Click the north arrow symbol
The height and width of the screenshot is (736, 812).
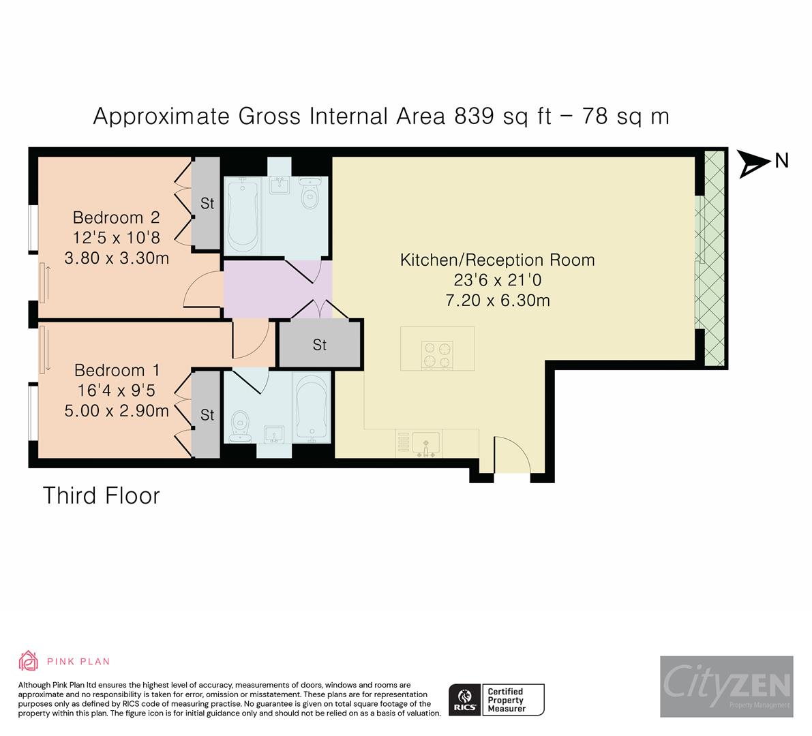[x=754, y=163]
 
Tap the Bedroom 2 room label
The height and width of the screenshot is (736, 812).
[x=116, y=217]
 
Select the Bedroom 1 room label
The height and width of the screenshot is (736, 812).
[x=117, y=370]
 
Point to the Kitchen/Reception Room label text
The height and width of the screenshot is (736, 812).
[x=497, y=260]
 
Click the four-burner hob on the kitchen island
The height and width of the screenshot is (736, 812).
[x=437, y=354]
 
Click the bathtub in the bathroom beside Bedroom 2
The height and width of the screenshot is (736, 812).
[x=241, y=213]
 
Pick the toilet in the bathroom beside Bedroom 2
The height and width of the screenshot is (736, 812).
[x=311, y=194]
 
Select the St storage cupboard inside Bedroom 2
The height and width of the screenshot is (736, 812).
[x=207, y=203]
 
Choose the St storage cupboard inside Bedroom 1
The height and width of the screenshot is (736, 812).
[x=207, y=414]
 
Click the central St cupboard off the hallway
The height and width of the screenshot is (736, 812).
[x=319, y=345]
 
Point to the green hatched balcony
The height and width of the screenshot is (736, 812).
[x=713, y=259]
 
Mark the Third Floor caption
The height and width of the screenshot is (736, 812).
[x=102, y=495]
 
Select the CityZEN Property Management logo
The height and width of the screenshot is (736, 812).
[x=726, y=686]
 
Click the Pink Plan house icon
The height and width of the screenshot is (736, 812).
[x=28, y=661]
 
